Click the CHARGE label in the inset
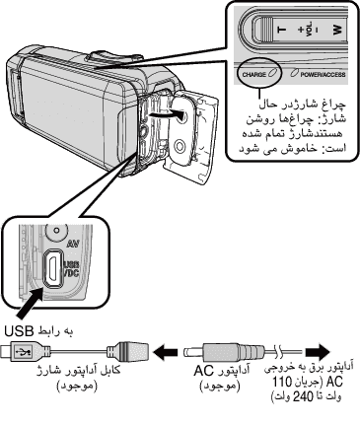pos(253,74)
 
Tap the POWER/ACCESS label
pos(323,74)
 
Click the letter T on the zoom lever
pos(282,30)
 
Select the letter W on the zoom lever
pos(337,30)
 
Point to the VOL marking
pos(309,30)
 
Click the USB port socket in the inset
pos(52,266)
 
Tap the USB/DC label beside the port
pos(71,268)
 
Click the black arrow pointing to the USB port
pos(30,303)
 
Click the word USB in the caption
pos(19,331)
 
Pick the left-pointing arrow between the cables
pos(166,352)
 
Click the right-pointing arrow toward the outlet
pos(318,352)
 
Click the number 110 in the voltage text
pos(282,382)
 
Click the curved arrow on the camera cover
pos(166,114)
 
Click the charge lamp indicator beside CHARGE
pos(272,73)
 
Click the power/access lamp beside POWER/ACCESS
pos(294,73)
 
